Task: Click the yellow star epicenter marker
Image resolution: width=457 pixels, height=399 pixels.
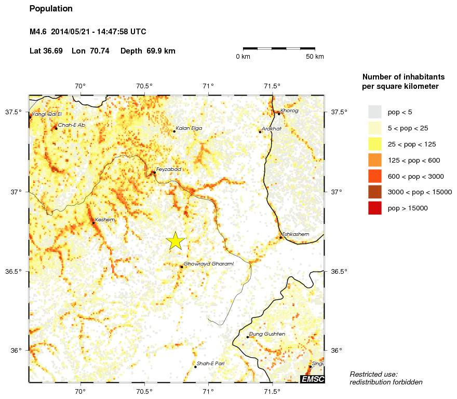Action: point(176,241)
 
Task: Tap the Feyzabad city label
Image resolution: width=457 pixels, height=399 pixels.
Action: point(168,169)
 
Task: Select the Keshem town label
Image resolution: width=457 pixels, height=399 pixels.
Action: point(104,220)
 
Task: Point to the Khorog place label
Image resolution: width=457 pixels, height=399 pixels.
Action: point(289,111)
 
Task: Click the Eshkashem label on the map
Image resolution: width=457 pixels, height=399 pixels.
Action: point(295,234)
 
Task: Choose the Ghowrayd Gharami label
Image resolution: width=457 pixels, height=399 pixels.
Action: point(209,264)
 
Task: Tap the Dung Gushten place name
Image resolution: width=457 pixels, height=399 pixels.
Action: point(267,334)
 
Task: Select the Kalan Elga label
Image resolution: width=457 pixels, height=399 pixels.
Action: point(189,128)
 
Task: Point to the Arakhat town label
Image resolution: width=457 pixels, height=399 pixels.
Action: point(272,128)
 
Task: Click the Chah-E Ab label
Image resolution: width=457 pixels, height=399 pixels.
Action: point(72,125)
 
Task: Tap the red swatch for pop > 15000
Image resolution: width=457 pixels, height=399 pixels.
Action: point(374,208)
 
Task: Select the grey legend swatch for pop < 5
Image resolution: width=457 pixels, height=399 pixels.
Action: point(374,112)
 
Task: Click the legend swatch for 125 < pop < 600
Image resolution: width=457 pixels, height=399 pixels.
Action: point(374,160)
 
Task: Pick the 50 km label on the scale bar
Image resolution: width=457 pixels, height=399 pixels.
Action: point(315,56)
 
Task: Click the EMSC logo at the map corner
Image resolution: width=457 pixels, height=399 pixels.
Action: point(313,379)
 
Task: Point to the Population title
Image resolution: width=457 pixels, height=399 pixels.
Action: point(51,9)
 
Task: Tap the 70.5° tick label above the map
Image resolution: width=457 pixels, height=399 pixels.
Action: point(144,86)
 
